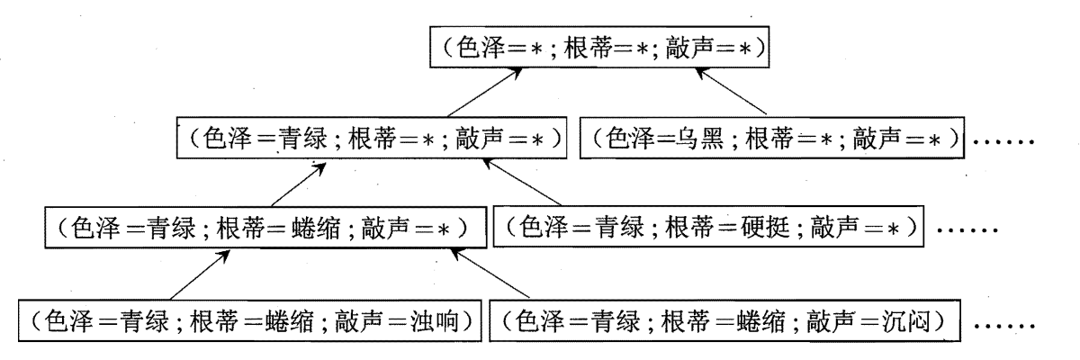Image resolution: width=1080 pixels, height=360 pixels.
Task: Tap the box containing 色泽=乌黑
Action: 773,140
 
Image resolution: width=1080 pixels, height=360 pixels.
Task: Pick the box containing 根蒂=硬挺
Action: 710,229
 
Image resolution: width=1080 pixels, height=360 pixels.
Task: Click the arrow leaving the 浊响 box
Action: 193,274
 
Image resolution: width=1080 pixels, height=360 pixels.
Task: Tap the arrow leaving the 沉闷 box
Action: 487,274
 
